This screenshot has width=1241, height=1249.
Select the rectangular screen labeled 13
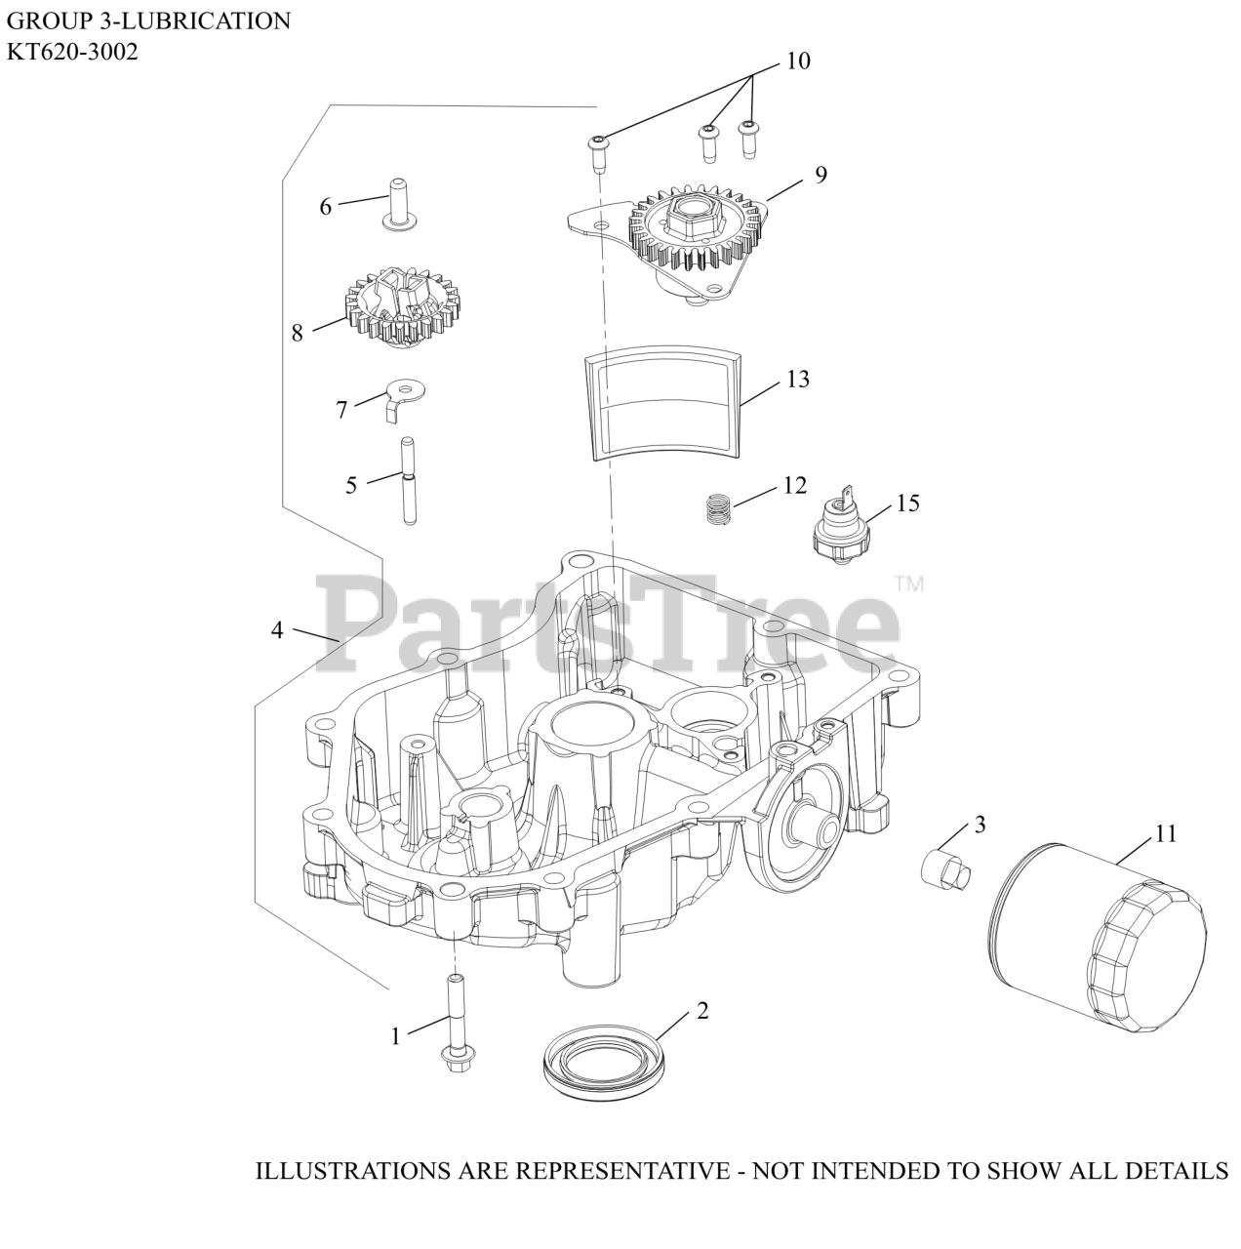(661, 405)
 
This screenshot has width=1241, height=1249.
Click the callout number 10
(797, 60)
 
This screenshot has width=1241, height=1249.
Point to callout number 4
(277, 630)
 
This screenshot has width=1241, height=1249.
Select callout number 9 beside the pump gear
(821, 175)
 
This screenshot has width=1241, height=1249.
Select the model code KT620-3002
(72, 52)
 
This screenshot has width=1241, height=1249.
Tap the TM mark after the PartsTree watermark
(908, 584)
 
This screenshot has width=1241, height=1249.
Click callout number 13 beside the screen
(797, 379)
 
